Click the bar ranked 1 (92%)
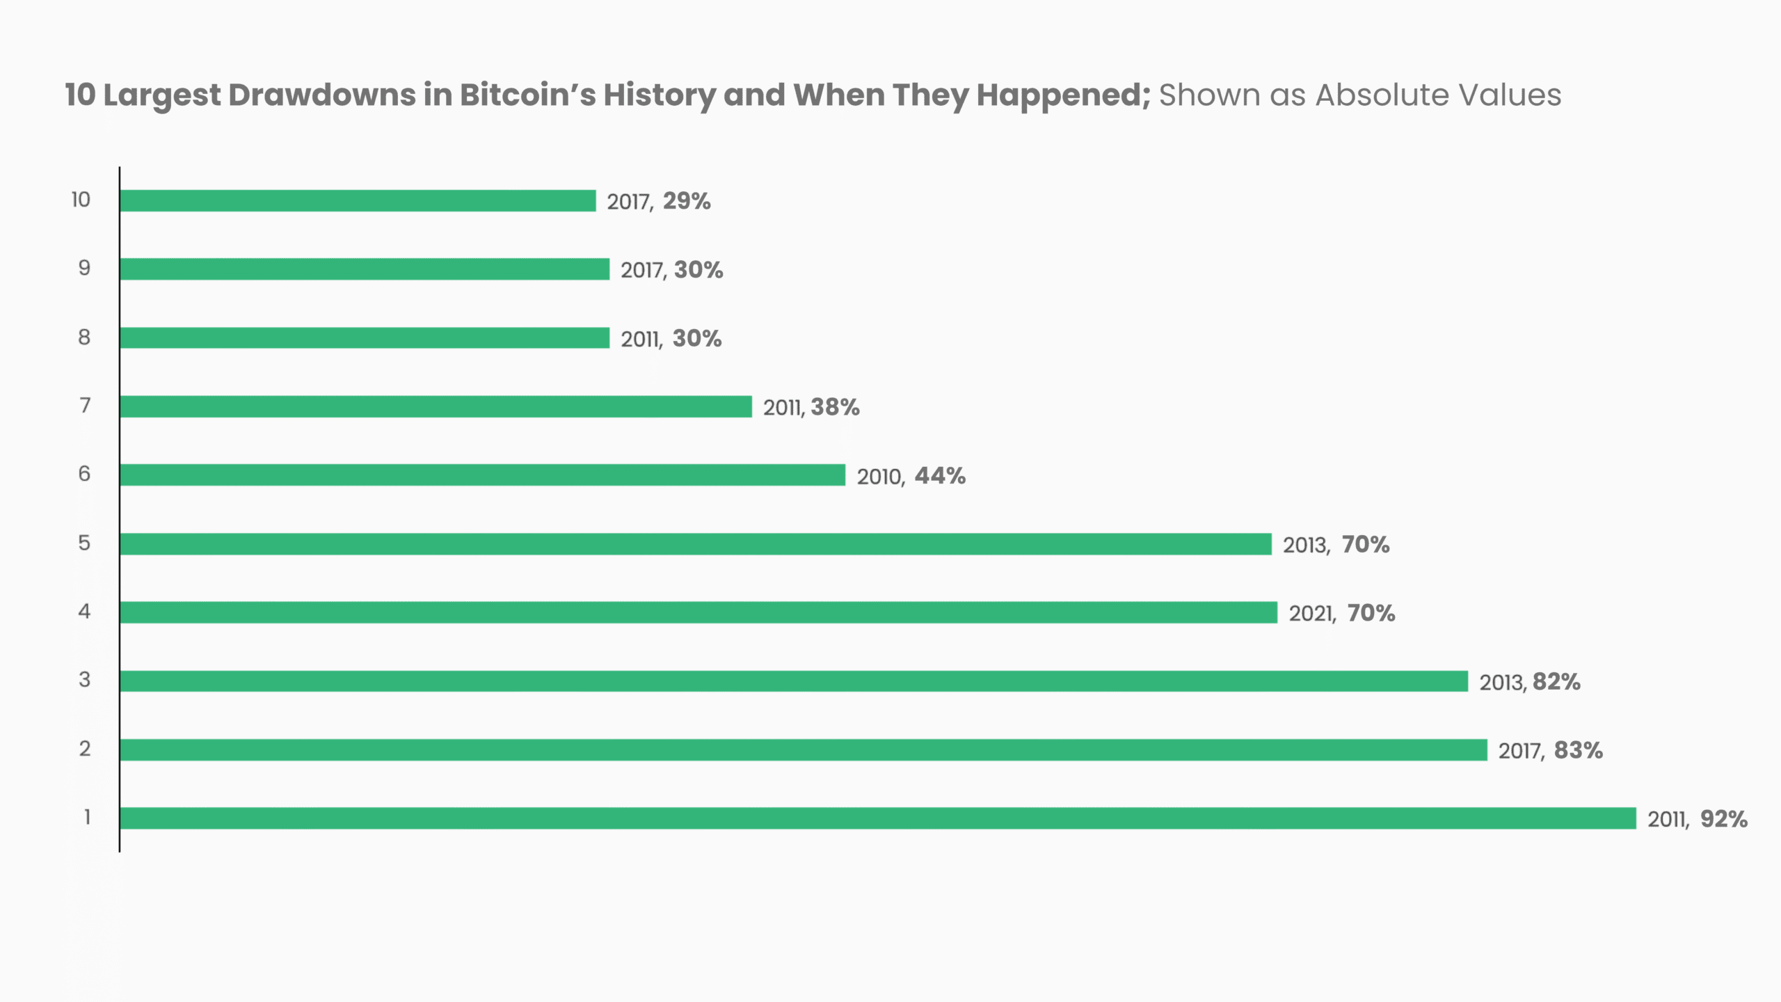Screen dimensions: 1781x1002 point(878,818)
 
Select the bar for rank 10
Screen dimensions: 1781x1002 point(358,200)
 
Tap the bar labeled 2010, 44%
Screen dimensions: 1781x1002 point(482,475)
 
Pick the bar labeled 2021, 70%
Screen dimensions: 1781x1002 point(698,612)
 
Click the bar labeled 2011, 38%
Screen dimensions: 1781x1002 point(436,406)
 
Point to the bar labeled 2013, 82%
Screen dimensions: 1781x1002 point(794,681)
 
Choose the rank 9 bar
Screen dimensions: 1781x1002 point(365,269)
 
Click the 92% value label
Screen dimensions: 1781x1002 point(1724,819)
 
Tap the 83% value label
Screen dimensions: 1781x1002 point(1579,750)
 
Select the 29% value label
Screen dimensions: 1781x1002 point(687,201)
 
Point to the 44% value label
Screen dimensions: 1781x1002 point(940,476)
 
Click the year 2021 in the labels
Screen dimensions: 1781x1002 point(1311,614)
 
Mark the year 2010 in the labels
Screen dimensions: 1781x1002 point(879,477)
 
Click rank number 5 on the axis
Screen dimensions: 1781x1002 point(84,543)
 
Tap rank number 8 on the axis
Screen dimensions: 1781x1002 point(84,337)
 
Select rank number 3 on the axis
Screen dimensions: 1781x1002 point(84,680)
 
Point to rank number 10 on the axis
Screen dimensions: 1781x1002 point(81,200)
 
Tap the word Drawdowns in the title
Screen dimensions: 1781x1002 point(322,95)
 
